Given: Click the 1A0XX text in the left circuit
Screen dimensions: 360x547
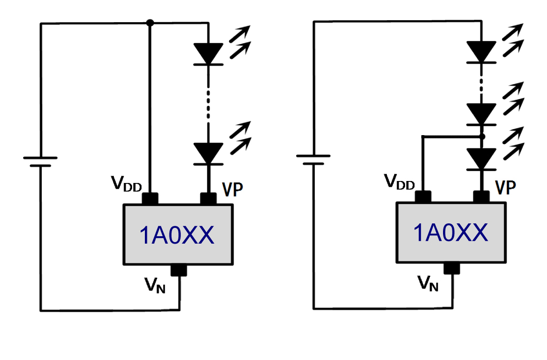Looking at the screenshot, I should (x=177, y=236).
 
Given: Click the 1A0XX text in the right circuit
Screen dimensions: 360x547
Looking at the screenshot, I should (x=451, y=233).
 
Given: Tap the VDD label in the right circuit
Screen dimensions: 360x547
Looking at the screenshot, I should (x=399, y=182).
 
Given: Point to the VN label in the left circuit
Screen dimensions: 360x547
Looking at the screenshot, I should (x=154, y=285).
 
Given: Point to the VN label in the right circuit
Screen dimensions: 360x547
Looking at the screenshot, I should (x=428, y=283).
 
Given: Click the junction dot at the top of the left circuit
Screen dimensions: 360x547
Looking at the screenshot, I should (x=150, y=23).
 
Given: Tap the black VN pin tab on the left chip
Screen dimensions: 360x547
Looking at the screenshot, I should (x=177, y=270).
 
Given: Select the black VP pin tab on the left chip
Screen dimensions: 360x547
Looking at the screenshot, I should (x=208, y=198).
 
